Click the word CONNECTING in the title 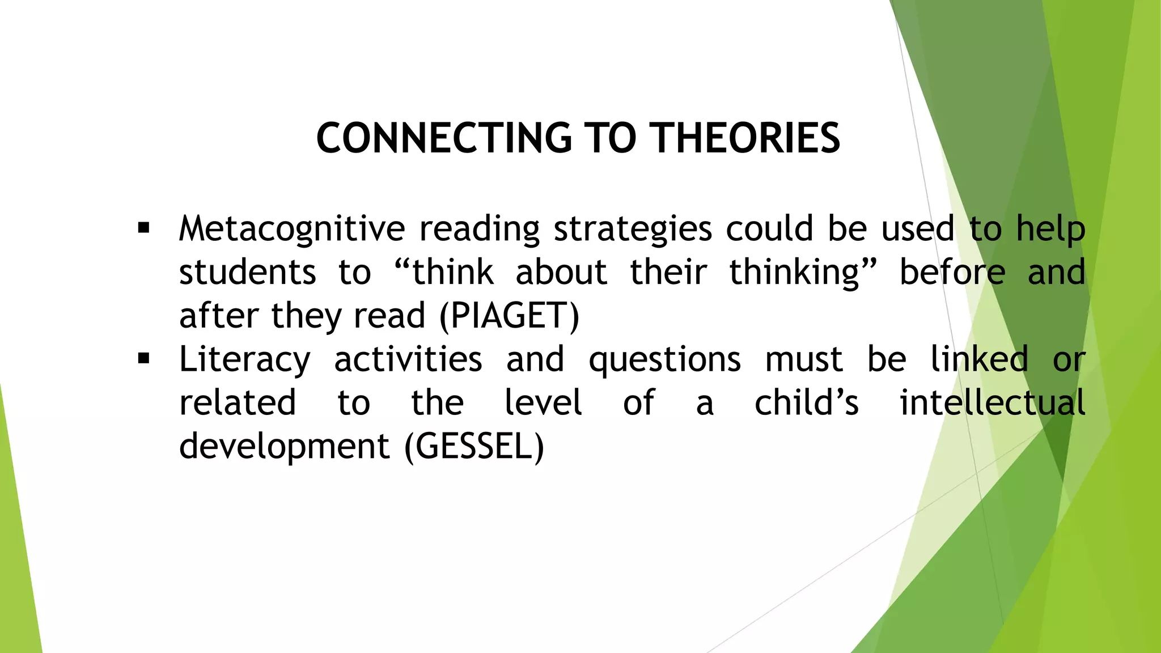(x=444, y=138)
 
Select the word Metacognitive (x=291, y=229)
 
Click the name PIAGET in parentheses (x=510, y=316)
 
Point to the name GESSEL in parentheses (x=474, y=446)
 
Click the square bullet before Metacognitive (x=143, y=228)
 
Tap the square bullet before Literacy (x=143, y=359)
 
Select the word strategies (x=632, y=229)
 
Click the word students (x=247, y=272)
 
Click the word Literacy (x=244, y=359)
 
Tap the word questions (x=664, y=359)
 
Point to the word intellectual (x=992, y=402)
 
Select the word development (x=284, y=446)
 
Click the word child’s (x=806, y=402)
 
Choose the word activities (x=408, y=359)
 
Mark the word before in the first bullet (x=952, y=272)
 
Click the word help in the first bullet (x=1050, y=229)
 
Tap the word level (x=543, y=402)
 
